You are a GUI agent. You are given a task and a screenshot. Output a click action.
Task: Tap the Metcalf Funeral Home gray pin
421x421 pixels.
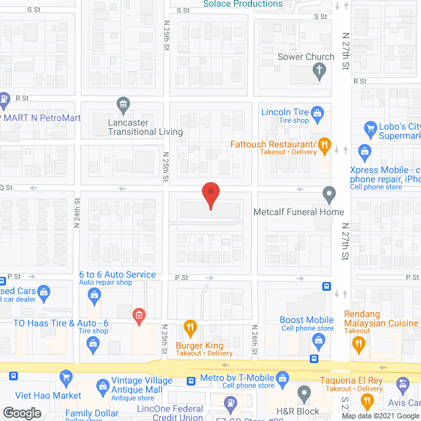click(x=329, y=195)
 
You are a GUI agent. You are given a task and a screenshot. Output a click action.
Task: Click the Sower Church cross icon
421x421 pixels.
click(x=319, y=71)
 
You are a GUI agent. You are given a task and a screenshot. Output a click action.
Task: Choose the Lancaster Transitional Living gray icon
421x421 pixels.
click(x=123, y=103)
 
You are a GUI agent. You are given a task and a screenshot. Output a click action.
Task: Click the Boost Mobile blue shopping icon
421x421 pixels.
click(x=319, y=340)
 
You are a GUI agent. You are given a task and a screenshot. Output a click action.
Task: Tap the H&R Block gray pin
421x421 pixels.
click(x=304, y=394)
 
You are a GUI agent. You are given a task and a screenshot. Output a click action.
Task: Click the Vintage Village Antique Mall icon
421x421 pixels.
click(x=101, y=385)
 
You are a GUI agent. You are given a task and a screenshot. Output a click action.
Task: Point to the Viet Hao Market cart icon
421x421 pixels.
click(x=65, y=378)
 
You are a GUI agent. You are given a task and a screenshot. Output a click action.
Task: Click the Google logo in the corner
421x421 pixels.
click(x=22, y=413)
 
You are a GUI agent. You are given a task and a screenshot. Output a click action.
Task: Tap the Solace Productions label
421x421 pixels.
click(x=243, y=4)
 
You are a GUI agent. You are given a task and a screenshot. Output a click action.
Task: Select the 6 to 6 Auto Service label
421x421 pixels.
click(x=117, y=274)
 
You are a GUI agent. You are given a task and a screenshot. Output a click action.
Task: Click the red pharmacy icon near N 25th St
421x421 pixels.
click(x=139, y=315)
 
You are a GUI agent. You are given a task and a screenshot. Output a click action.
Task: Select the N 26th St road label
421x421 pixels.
click(x=254, y=340)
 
